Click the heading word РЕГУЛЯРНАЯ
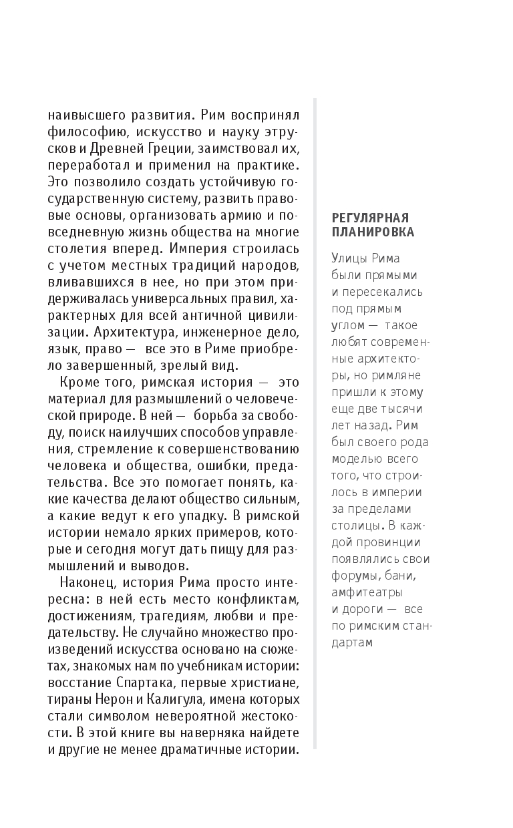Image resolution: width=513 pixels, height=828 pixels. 370,218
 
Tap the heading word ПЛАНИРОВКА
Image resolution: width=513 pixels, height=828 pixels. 373,232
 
